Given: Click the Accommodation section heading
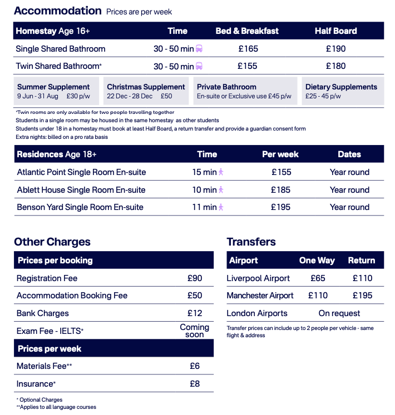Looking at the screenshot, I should pos(58,11).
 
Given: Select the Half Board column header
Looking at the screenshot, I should pos(335,31).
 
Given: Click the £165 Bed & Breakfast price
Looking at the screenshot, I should pos(248,49).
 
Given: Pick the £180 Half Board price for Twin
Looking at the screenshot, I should pos(335,66).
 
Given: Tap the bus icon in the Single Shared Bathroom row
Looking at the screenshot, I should pos(199,49).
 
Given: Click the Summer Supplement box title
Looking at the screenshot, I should pos(53,87).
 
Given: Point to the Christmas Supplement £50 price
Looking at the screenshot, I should pos(166,96).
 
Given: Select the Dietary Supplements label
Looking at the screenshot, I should pos(341,87).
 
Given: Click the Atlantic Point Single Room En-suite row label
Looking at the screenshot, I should pos(82,172).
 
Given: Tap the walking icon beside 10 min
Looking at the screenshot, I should pos(221,190).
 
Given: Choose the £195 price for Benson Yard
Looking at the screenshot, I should pos(281,207).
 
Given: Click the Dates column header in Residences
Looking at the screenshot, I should pos(349,154).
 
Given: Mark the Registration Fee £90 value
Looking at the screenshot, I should pos(195,278).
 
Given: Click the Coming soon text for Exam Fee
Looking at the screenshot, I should pos(195,331).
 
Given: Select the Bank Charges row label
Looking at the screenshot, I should pos(43,313).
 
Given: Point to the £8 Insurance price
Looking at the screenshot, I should pos(195,383).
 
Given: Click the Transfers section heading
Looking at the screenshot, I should pos(251,242).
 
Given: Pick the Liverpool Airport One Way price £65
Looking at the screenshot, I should pos(318,278).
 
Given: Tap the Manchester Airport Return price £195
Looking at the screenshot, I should pos(362,296).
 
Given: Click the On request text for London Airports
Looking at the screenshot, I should pos(339,313).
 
